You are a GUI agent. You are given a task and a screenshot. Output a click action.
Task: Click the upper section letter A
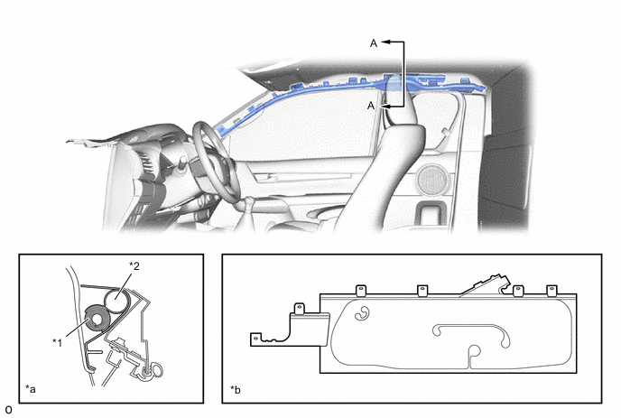[374, 43]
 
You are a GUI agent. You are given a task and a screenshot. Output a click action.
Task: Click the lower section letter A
[371, 106]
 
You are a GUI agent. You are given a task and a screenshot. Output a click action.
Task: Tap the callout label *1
[58, 342]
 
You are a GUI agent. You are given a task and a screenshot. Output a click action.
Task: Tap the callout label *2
[134, 265]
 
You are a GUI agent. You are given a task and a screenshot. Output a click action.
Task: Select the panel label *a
[31, 389]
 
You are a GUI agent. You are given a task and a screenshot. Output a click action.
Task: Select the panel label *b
[236, 390]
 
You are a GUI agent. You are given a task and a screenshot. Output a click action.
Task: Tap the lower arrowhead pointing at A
[385, 107]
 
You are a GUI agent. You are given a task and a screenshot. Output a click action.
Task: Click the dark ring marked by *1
[97, 318]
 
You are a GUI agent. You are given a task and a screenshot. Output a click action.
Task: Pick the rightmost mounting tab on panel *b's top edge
[552, 291]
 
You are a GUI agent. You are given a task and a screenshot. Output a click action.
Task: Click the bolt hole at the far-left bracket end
[255, 339]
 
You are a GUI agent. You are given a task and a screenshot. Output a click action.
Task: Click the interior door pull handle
[266, 177]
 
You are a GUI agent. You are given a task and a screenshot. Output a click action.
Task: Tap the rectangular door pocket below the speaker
[431, 213]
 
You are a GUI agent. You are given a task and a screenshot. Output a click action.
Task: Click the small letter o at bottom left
[8, 410]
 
